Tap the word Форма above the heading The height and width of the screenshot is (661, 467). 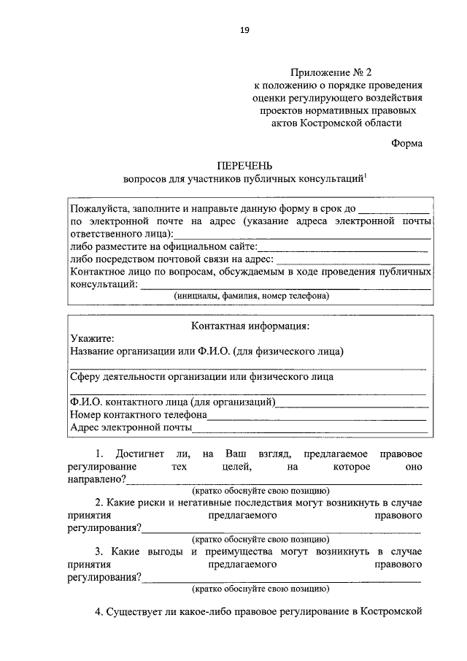click(x=406, y=143)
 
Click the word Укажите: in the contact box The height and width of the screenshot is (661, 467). click(x=93, y=338)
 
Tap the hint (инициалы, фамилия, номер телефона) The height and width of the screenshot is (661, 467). click(x=251, y=297)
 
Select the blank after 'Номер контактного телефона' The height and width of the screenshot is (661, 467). click(x=317, y=415)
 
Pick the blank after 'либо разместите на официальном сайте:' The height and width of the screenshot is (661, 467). click(x=343, y=246)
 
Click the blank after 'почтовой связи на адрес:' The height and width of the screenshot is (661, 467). click(x=353, y=259)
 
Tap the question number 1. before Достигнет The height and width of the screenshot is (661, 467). click(x=101, y=454)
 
